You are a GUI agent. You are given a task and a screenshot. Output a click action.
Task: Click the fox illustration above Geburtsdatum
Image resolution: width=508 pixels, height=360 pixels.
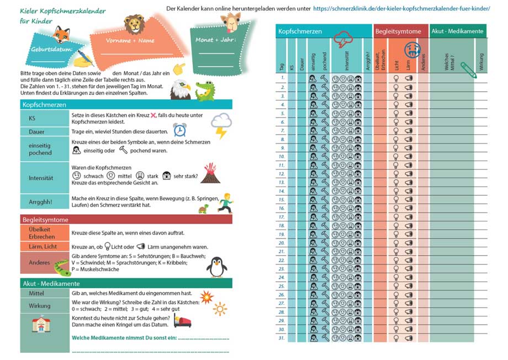[61, 35]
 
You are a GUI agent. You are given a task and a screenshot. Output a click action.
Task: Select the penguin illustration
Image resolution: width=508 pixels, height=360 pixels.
[216, 266]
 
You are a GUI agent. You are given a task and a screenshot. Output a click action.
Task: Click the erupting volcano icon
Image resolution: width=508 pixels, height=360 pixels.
[210, 173]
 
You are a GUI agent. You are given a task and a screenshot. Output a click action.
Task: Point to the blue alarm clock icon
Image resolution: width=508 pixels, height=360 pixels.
[179, 130]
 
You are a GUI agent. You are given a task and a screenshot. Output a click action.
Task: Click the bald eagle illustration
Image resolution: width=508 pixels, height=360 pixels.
[179, 89]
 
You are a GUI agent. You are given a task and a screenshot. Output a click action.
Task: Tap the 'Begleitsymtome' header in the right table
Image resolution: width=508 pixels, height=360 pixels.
[398, 31]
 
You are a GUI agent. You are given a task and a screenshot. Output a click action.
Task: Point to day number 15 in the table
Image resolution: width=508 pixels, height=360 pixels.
[282, 199]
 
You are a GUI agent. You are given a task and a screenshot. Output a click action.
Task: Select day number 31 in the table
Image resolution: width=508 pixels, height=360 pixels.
[282, 338]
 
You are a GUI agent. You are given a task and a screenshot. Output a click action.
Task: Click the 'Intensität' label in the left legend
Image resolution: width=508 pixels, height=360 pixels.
[40, 178]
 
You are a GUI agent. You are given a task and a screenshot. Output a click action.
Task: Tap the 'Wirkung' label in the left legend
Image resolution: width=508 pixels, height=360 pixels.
[39, 305]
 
